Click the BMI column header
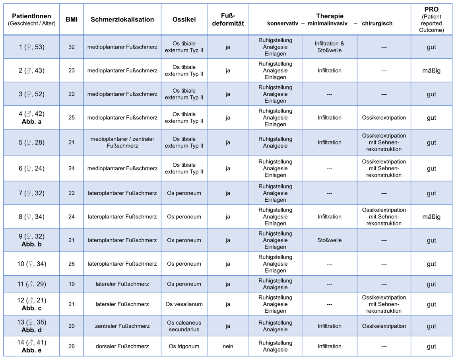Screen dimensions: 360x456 pos(72,19)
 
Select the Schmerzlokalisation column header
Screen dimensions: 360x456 pos(122,19)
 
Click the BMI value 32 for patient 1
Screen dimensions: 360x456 pos(72,47)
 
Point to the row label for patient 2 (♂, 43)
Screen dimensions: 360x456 pos(32,71)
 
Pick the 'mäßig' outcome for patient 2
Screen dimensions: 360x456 pos(431,71)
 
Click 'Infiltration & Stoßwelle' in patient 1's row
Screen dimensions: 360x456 pos(329,47)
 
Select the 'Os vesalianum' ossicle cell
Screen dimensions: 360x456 pos(184,304)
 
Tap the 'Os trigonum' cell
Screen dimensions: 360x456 pos(184,346)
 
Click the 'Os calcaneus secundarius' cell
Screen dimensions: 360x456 pos(184,326)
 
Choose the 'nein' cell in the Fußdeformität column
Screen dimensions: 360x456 pos(228,346)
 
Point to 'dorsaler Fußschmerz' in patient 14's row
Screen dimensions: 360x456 pos(122,346)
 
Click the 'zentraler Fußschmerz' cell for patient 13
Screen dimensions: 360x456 pos(122,326)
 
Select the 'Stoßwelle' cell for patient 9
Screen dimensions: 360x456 pos(329,240)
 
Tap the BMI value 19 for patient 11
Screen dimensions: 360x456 pos(72,284)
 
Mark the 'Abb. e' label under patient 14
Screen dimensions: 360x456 pos(32,350)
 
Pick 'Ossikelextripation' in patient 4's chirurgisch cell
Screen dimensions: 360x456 pos(384,118)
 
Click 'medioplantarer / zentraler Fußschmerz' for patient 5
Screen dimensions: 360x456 pos(122,142)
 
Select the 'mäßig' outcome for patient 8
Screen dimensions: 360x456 pos(431,217)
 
